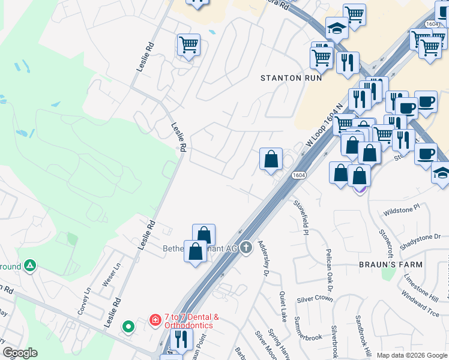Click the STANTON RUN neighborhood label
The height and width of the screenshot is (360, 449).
291,78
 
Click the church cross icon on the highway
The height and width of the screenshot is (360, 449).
246,248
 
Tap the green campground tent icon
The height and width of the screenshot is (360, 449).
30,266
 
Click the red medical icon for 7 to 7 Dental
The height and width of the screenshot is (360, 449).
155,321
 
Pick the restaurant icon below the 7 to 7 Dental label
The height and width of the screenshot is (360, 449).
181,339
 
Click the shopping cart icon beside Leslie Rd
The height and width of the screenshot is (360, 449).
188,44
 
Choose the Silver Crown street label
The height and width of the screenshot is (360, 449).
315,298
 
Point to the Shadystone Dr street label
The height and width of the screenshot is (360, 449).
420,237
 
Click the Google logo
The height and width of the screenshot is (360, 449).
20,353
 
